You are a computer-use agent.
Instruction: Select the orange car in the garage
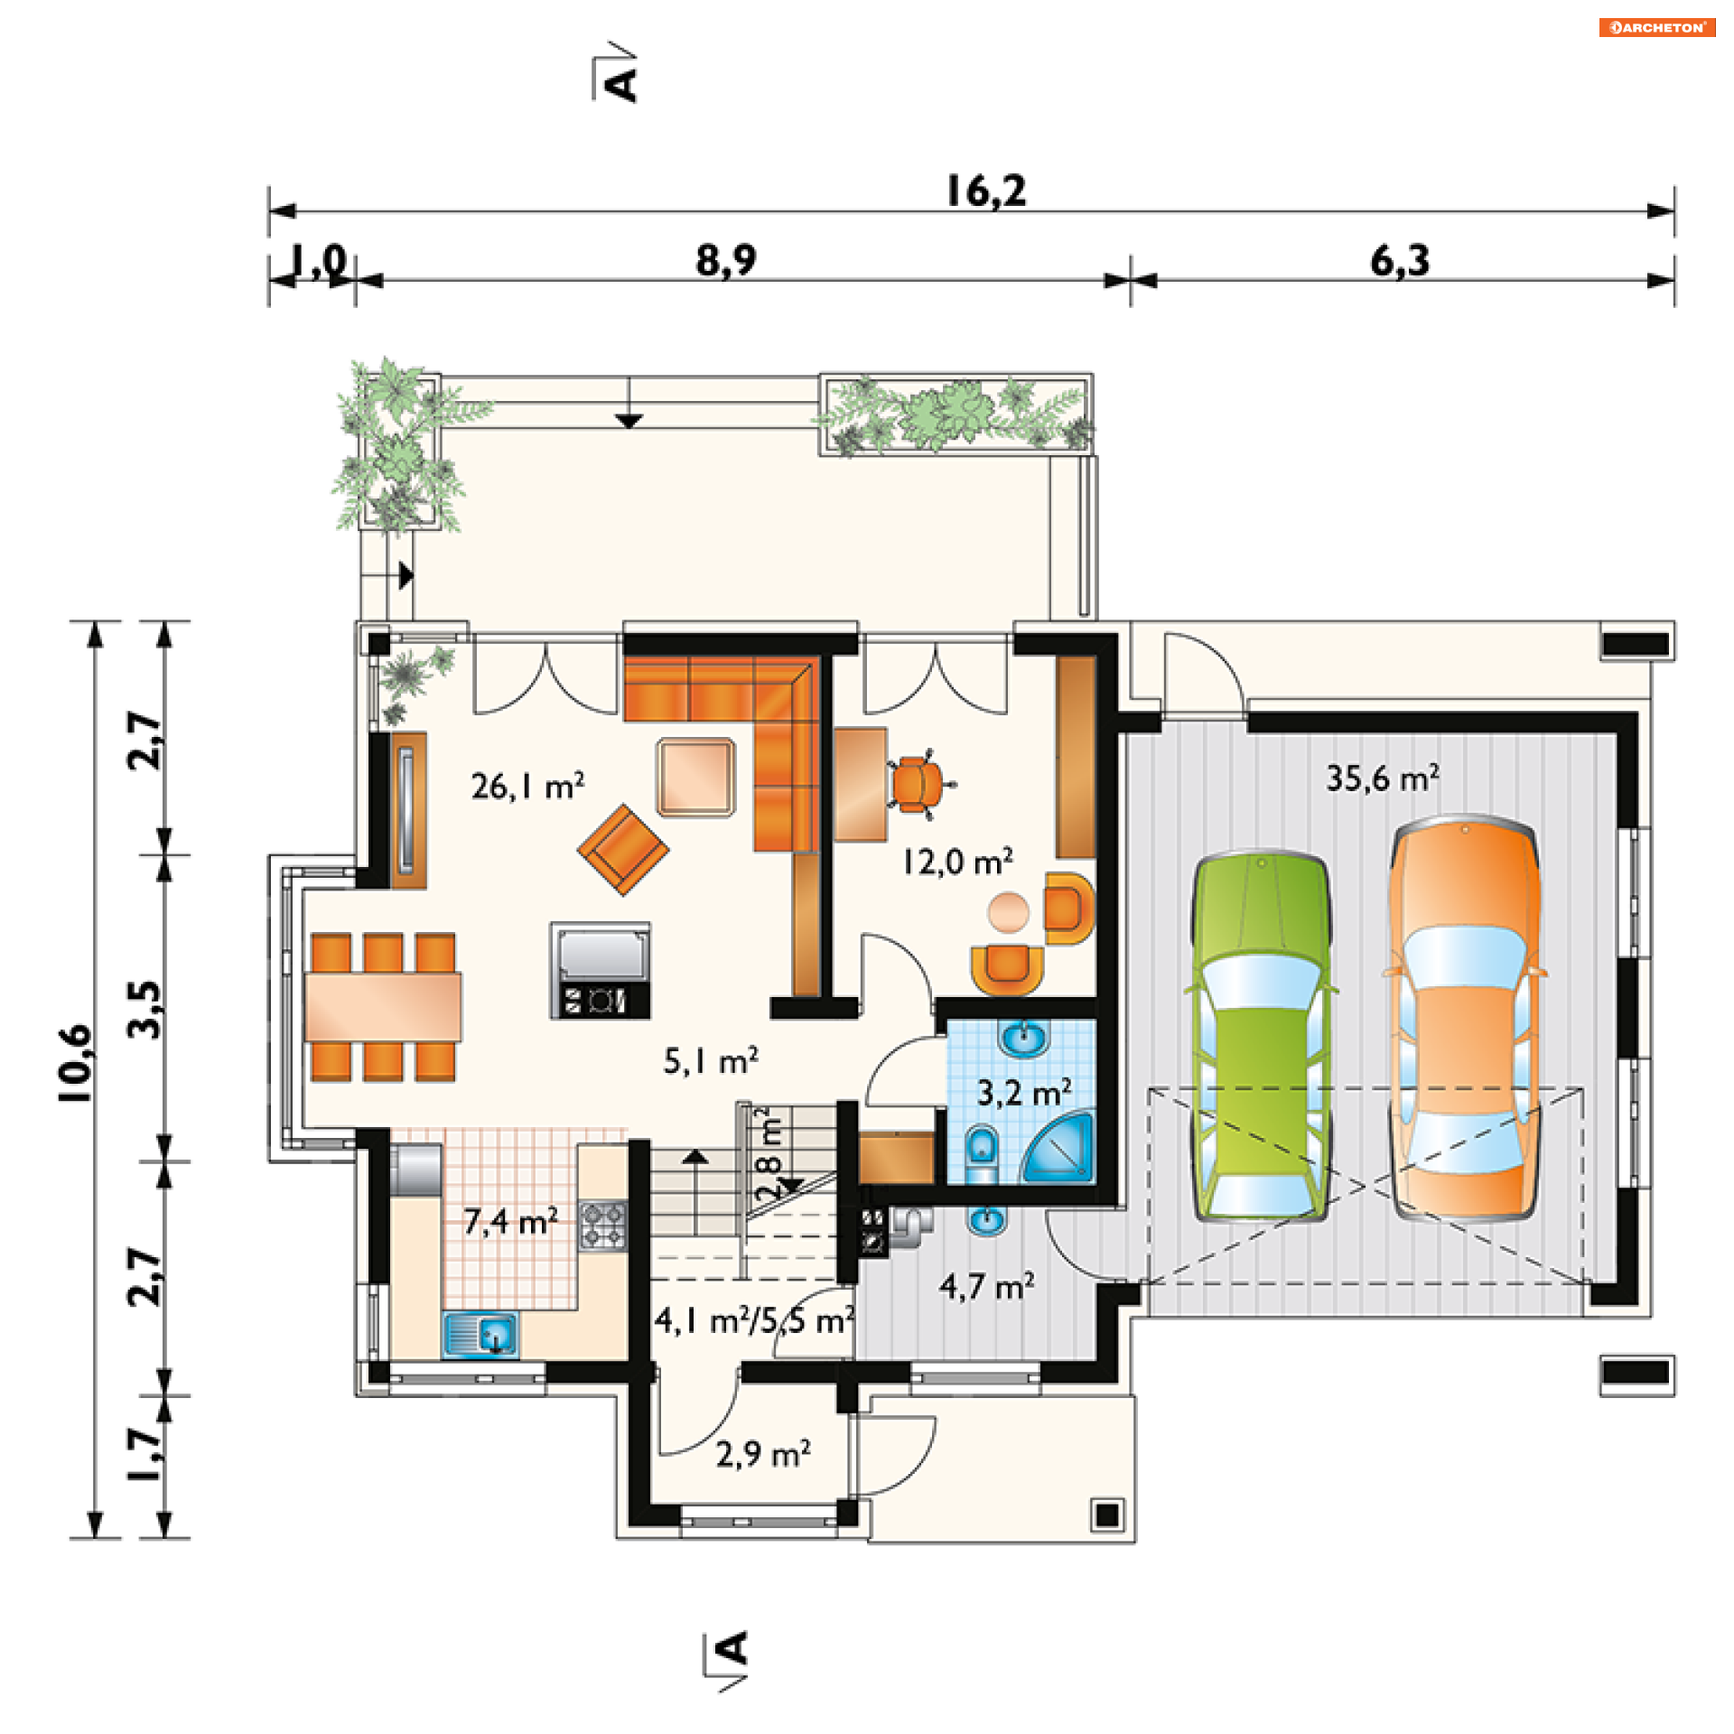click(1464, 1018)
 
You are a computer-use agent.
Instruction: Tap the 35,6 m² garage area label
click(1382, 778)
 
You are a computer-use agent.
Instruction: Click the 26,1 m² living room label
click(527, 786)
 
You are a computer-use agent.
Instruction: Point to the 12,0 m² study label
click(957, 862)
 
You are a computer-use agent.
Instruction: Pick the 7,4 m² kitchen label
click(511, 1221)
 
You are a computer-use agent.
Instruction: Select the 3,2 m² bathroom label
click(1024, 1093)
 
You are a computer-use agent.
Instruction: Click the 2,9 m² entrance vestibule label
click(763, 1454)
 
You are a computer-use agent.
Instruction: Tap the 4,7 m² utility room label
click(986, 1286)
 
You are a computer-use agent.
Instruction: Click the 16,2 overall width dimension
click(986, 191)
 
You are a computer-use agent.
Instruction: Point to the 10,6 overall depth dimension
click(76, 1062)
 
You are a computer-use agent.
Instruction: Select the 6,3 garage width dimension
click(1400, 261)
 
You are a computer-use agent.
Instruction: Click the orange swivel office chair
click(919, 784)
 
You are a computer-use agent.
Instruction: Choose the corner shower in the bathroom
click(1058, 1147)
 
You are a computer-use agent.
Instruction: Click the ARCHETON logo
click(1656, 27)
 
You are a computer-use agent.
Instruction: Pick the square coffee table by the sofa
click(695, 777)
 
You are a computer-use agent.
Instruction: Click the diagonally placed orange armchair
click(623, 849)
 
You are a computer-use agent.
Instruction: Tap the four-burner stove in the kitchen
click(602, 1225)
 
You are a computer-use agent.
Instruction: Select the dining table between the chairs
click(383, 1006)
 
